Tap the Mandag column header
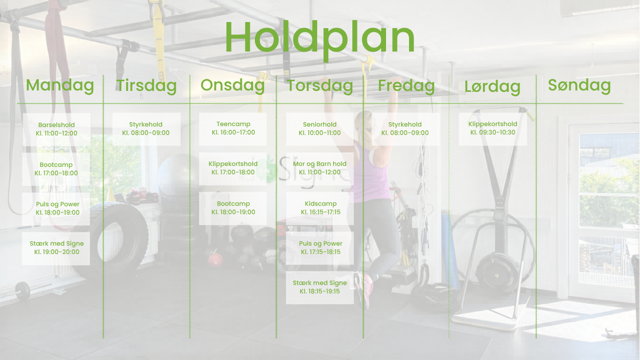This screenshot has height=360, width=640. [60, 85]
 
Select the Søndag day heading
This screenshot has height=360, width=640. [579, 85]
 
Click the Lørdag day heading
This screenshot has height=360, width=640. [492, 86]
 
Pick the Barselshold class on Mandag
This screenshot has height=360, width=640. [57, 129]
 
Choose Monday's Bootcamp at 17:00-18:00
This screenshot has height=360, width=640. [56, 169]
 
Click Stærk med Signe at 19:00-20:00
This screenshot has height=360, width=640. [56, 248]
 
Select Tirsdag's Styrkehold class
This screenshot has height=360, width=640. [146, 129]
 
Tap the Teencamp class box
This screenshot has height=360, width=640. [233, 129]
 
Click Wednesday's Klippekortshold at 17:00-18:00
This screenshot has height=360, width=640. [233, 168]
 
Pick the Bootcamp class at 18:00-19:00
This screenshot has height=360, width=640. [233, 208]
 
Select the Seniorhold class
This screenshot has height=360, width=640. [320, 129]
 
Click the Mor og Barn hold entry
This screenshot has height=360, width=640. [320, 168]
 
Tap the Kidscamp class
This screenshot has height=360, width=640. [320, 208]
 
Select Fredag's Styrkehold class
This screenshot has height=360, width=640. [405, 129]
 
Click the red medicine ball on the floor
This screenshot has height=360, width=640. [216, 260]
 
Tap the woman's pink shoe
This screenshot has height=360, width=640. [367, 289]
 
